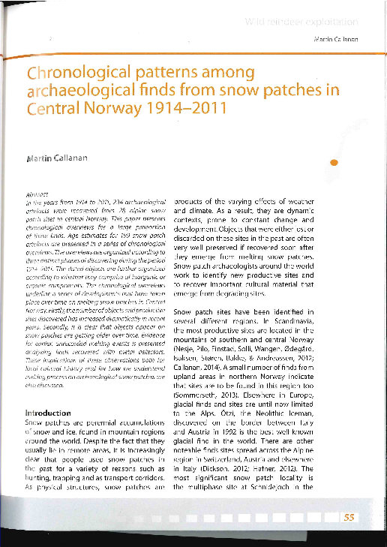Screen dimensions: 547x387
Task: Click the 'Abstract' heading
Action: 36,194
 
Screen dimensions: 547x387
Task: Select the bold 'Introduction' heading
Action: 49,413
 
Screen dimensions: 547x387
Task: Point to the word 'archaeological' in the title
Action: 84,91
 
